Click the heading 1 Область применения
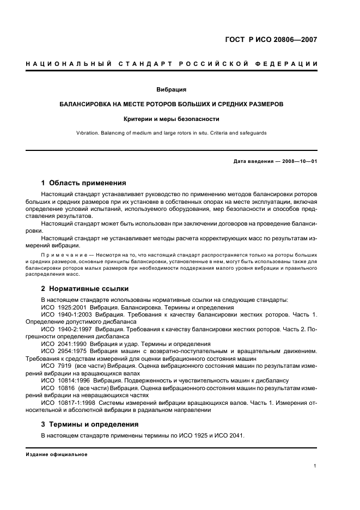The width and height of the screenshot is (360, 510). (83, 183)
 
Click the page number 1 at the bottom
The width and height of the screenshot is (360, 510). (315, 465)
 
